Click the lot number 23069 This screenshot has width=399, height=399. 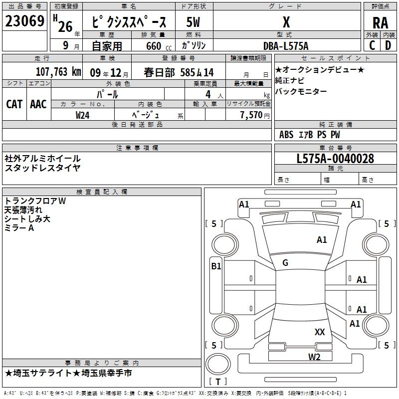pos(24,22)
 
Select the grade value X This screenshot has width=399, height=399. pos(286,22)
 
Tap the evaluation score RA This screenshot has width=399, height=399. pos(380,22)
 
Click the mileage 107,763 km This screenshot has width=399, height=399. pos(58,72)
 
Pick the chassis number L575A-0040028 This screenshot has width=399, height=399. pos(335,159)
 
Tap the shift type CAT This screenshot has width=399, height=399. pos(14,104)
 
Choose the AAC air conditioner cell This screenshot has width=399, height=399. pos(38,104)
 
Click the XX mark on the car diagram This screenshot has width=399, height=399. pos(320,332)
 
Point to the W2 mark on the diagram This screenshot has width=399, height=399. pos(314,357)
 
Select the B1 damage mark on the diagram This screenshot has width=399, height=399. pos(215,266)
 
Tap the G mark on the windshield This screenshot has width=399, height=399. pos(285,263)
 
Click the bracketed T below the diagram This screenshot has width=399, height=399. pos(218,382)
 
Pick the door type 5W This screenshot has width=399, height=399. pos(194,22)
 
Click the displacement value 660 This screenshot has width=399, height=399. pos(154,46)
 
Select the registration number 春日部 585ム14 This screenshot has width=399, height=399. pos(179,72)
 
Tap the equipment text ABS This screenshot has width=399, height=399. pos(286,135)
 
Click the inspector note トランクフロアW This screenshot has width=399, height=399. pos(35,201)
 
